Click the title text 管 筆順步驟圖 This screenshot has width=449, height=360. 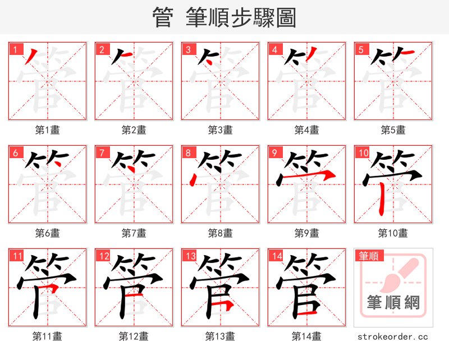[x=224, y=18]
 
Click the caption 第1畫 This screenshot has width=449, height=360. [x=48, y=130]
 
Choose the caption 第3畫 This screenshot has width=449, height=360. [x=221, y=130]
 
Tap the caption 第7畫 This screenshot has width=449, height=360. [x=134, y=233]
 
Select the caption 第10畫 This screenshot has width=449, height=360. [x=393, y=233]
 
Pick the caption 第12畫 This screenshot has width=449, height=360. [x=134, y=336]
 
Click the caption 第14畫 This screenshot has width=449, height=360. [x=306, y=336]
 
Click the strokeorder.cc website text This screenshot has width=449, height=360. [x=393, y=337]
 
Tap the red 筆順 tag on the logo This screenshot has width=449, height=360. [x=368, y=256]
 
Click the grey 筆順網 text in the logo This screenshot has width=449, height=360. [x=393, y=303]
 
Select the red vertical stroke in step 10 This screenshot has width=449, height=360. [x=382, y=199]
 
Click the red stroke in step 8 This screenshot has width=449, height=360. [x=193, y=180]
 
